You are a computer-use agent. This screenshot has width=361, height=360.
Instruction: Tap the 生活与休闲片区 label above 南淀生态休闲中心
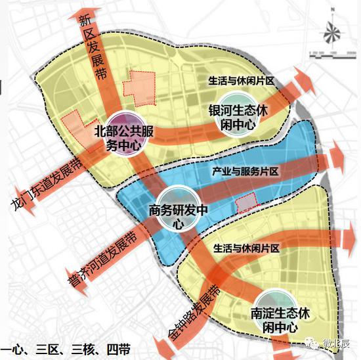[247, 248]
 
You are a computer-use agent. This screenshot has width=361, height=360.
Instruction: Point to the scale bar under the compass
[332, 52]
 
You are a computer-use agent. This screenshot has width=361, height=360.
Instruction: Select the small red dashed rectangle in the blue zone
[246, 202]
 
